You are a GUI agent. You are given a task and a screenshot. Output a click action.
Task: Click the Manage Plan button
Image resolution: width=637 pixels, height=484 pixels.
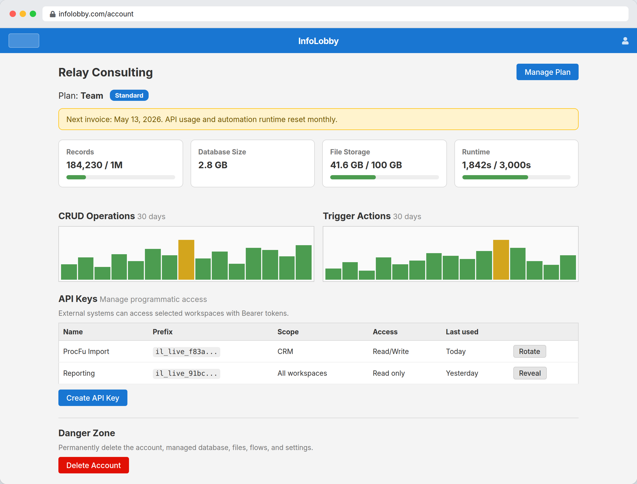point(547,72)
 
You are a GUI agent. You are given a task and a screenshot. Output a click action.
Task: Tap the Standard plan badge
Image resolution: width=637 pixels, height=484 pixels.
point(129,95)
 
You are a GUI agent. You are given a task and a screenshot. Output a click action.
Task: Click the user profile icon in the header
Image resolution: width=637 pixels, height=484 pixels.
point(625,41)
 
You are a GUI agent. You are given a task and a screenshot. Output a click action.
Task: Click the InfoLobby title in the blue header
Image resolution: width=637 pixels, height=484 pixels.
point(318,41)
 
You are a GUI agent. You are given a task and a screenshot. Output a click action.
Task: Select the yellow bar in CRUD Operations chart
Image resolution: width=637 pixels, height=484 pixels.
point(186,260)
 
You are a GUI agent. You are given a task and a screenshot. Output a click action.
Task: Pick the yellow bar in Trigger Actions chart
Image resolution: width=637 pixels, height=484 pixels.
point(501,260)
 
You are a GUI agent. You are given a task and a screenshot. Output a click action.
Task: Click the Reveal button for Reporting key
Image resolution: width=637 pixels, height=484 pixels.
point(530,373)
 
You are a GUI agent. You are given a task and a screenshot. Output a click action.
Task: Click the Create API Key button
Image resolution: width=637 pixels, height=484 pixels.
point(93,398)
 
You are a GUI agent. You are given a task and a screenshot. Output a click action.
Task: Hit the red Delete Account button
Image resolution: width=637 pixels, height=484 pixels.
point(94,465)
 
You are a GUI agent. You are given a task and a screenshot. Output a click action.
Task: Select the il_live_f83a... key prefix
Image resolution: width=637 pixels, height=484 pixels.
point(186,352)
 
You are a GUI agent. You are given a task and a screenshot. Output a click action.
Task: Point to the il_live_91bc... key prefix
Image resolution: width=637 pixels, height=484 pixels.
point(186,374)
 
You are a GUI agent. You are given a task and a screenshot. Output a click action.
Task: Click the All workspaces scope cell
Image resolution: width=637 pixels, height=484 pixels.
point(302,373)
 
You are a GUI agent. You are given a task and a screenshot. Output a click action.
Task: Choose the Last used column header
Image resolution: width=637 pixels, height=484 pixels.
point(462,332)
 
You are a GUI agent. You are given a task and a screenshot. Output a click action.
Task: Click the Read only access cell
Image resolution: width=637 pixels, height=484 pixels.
point(389,373)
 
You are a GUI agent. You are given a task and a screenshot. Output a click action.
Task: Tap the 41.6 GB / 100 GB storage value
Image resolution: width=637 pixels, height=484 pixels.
point(366,165)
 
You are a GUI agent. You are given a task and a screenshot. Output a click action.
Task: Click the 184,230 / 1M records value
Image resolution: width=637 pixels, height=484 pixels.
point(94,165)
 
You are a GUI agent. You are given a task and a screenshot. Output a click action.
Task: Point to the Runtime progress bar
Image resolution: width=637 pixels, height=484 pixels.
point(516,178)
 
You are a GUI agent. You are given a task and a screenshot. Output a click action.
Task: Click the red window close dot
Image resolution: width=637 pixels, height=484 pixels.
point(13,14)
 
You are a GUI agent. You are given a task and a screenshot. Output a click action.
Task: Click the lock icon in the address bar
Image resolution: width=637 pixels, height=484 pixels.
point(53,14)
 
